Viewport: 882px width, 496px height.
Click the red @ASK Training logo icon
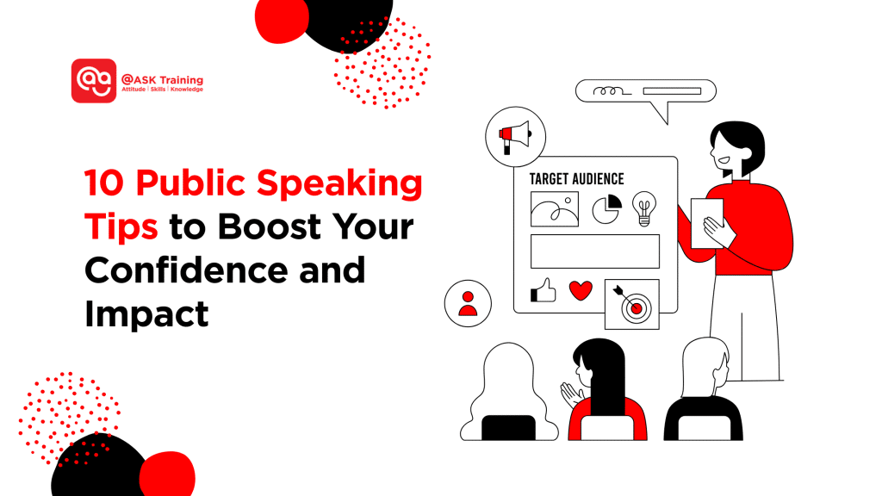pos(93,81)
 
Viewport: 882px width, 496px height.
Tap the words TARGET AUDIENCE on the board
pos(576,179)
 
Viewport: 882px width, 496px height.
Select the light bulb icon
pos(643,208)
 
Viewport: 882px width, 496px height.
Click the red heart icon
pos(581,290)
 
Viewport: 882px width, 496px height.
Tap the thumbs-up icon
pos(543,291)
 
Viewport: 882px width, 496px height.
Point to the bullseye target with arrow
pos(632,304)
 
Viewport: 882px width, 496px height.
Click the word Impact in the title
pos(147,315)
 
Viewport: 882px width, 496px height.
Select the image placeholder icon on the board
pos(554,208)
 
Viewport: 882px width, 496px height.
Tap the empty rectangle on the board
pos(594,251)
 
